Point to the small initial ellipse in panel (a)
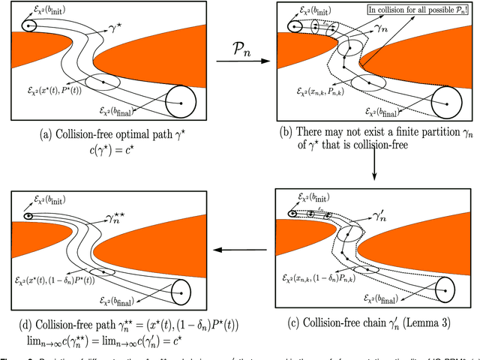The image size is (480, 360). pyautogui.click(x=29, y=26)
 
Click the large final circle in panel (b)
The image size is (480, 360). pyautogui.click(x=448, y=103)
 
